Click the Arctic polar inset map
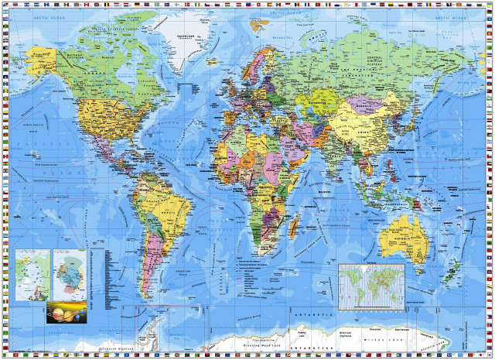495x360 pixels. click(x=32, y=275)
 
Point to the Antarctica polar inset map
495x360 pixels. click(x=69, y=274)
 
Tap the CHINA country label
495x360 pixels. click(x=364, y=124)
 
